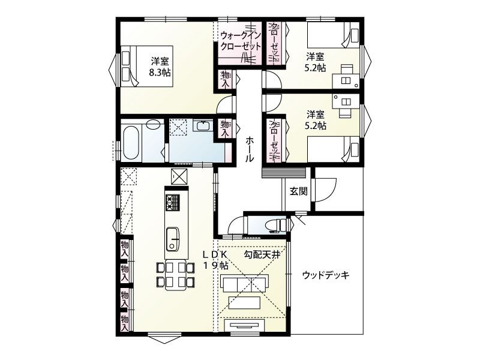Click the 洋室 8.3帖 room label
(160, 67)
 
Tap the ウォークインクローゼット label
(241, 41)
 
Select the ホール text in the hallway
(250, 149)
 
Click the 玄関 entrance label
(298, 191)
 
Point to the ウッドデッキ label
(326, 275)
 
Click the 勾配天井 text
(262, 254)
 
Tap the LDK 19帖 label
(216, 260)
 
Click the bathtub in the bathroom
(131, 143)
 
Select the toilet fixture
(277, 226)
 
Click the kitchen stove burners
(173, 203)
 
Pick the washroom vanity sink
(203, 125)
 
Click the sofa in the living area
(244, 283)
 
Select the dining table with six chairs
(175, 275)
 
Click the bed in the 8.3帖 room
(147, 66)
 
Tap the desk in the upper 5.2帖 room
(346, 76)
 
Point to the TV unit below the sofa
(245, 325)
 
